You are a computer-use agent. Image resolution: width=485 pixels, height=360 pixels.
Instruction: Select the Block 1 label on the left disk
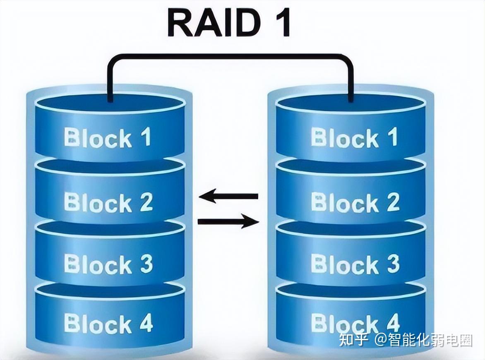(x=108, y=138)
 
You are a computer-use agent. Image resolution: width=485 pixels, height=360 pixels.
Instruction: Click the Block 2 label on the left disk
(x=108, y=202)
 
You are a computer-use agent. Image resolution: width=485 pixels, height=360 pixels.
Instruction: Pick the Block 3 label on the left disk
(x=108, y=263)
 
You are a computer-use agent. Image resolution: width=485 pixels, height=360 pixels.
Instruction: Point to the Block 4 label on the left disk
(x=108, y=323)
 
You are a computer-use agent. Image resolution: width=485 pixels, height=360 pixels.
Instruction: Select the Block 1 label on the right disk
(x=355, y=138)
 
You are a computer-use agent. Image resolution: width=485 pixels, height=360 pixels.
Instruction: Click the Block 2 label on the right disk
(x=355, y=202)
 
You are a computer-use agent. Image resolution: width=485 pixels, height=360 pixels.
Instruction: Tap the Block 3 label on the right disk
(x=355, y=263)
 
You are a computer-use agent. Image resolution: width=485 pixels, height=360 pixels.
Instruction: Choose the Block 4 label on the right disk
(x=355, y=323)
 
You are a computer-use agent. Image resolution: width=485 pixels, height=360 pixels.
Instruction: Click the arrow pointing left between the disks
(x=228, y=196)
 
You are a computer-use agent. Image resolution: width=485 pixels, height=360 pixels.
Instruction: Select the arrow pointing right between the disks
(x=228, y=222)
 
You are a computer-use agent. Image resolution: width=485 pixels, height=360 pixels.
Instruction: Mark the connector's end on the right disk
(x=351, y=98)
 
